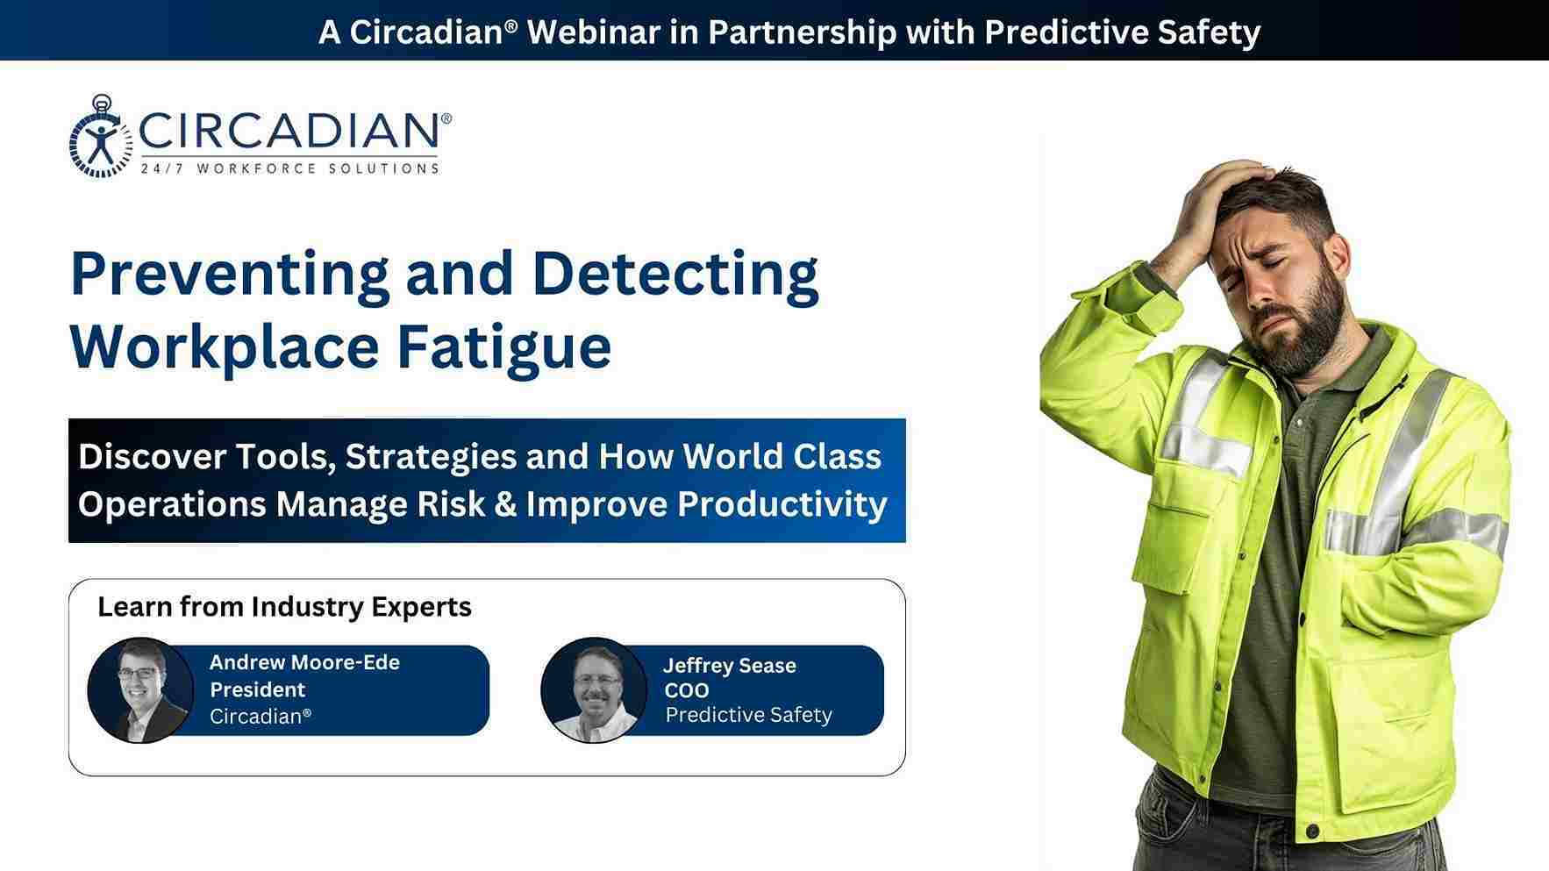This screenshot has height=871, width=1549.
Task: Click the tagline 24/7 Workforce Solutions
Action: [289, 168]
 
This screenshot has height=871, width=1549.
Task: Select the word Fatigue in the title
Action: [503, 347]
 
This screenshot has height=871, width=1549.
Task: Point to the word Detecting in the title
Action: [675, 274]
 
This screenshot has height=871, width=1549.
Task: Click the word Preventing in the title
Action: [230, 274]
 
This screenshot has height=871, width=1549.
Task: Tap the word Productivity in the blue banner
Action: [782, 504]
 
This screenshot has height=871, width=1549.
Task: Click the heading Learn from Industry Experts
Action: [284, 606]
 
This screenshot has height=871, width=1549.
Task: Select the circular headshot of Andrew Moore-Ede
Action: [140, 689]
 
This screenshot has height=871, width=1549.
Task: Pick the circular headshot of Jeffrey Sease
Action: [595, 689]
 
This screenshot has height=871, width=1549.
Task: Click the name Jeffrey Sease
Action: [730, 666]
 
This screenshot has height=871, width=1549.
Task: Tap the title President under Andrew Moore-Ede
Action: [258, 689]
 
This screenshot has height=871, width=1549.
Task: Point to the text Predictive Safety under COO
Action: [749, 715]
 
